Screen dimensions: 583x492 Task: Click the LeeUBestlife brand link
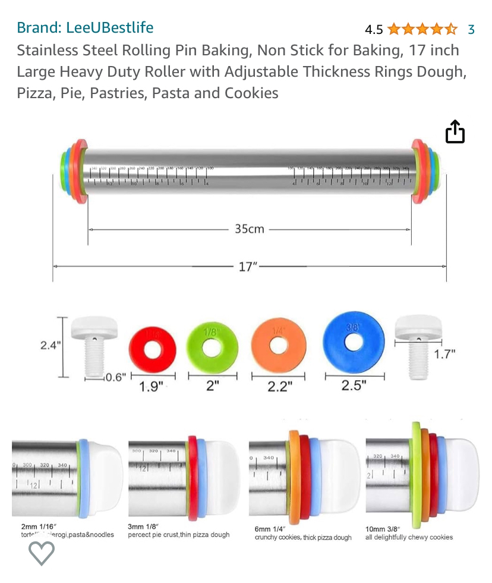coord(85,27)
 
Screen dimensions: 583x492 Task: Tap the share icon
coord(455,132)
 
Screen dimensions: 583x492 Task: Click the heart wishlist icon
coord(42,554)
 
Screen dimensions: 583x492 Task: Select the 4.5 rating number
coord(374,29)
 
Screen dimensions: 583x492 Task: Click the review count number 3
coord(471,29)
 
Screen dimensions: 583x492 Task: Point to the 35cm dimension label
coord(250,228)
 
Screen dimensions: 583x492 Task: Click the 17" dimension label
coord(248,267)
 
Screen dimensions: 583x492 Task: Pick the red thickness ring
coord(152,346)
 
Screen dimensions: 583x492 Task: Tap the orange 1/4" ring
coord(278,344)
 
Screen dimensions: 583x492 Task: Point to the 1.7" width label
coord(444,354)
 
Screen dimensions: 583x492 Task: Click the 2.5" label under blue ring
coord(354,385)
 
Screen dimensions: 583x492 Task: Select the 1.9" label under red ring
coord(152,387)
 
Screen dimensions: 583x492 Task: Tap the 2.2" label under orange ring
coord(279,387)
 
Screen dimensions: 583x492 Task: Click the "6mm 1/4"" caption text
coord(270,529)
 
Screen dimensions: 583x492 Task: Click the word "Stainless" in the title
coord(46,50)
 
